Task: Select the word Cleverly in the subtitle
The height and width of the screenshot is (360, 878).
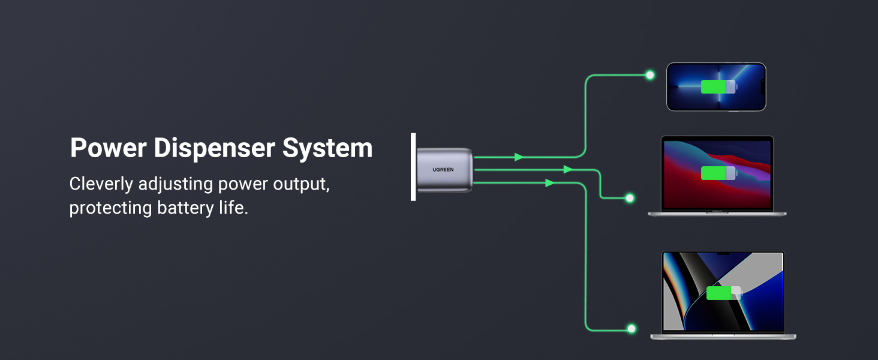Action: click(101, 184)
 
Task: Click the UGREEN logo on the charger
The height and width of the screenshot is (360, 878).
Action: click(443, 170)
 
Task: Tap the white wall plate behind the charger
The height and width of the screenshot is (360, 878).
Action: click(413, 167)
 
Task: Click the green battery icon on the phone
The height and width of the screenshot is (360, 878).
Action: click(718, 86)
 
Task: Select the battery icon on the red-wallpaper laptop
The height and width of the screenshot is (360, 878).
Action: click(718, 173)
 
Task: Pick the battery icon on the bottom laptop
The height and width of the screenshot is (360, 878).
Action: click(723, 293)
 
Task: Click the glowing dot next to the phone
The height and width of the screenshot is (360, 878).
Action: click(650, 75)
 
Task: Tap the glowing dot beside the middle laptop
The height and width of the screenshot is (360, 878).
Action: click(630, 197)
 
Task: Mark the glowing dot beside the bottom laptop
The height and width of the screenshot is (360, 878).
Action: click(631, 328)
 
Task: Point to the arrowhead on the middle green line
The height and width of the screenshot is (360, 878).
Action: click(568, 170)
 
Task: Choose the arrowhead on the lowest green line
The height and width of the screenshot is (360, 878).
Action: click(549, 183)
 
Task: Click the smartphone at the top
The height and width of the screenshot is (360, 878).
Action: click(716, 86)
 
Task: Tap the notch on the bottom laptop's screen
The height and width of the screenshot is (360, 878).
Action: click(723, 254)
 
